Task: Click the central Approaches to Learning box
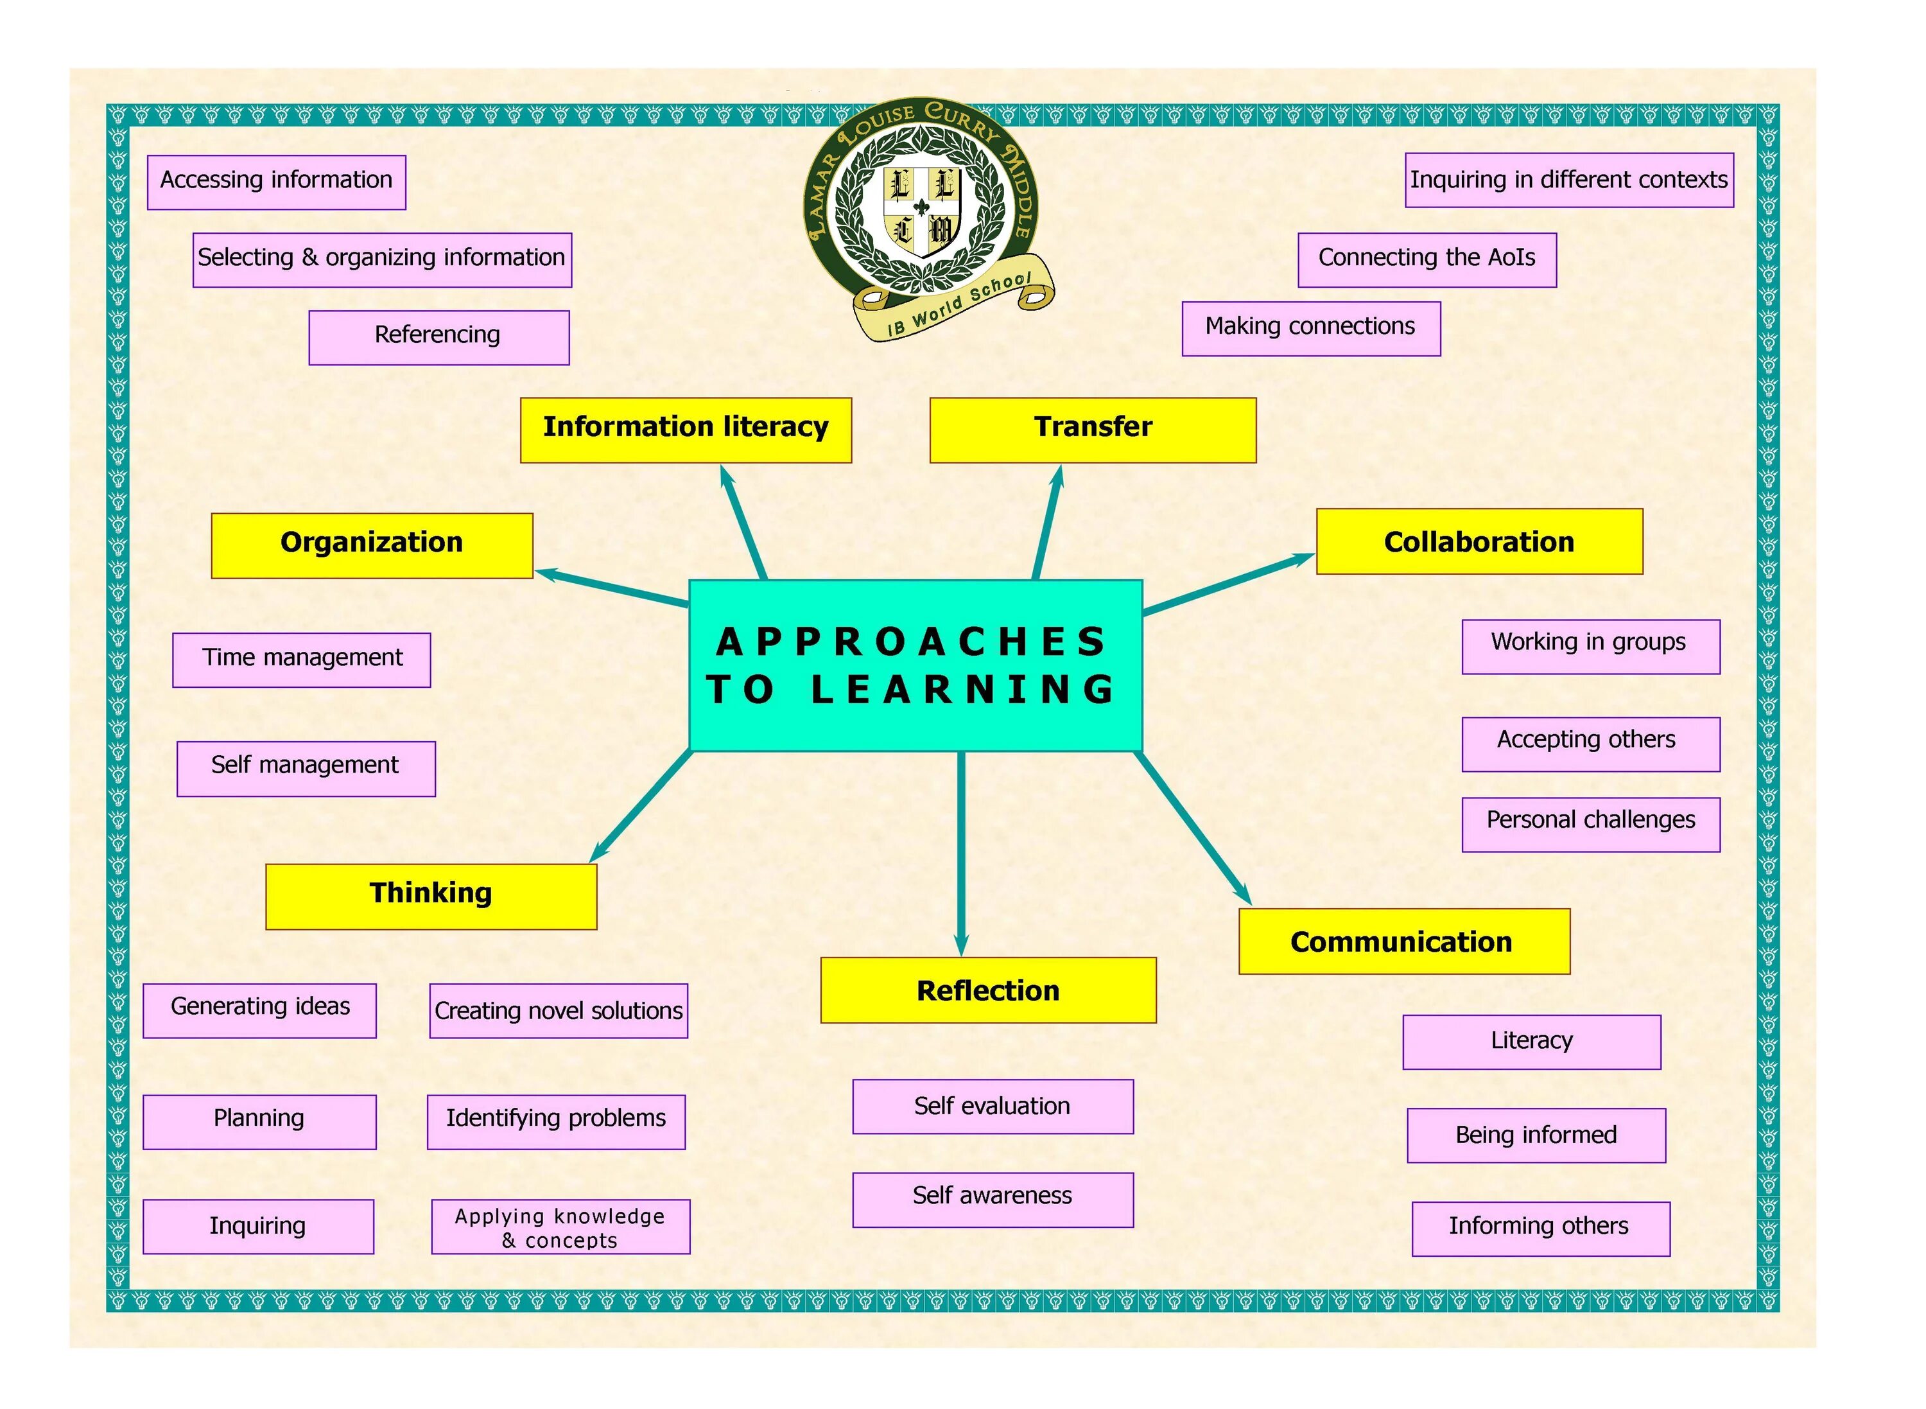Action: coord(915,665)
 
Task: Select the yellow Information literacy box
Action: coord(686,430)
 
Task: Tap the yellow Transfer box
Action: coord(1092,430)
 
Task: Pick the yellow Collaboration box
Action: coord(1479,541)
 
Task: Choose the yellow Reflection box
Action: coord(987,990)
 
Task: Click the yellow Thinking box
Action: coord(431,897)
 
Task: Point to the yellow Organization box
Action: coord(372,546)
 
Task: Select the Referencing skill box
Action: coord(438,338)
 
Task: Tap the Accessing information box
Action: coord(276,182)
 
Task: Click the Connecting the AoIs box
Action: coord(1427,260)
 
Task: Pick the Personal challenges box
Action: coord(1590,824)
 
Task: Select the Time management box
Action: coord(301,660)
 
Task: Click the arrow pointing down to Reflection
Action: coord(961,853)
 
